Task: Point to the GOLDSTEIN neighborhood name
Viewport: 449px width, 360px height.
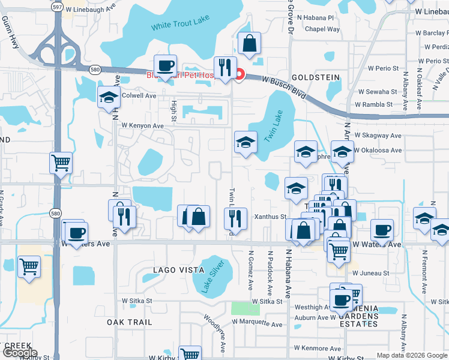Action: [x=315, y=78]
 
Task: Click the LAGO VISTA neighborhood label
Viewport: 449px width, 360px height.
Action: [x=178, y=270]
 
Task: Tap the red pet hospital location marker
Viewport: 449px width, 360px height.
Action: [x=239, y=75]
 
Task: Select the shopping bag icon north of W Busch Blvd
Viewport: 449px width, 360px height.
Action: [x=249, y=44]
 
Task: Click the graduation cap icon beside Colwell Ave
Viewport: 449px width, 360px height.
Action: [x=109, y=98]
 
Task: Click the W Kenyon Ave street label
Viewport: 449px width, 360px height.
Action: [x=142, y=126]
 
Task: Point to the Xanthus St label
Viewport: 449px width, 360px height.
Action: [x=270, y=217]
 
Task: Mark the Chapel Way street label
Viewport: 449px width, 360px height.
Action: [x=322, y=29]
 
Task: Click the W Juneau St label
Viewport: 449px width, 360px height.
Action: [x=370, y=273]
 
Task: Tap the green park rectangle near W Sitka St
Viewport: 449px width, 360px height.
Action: [x=246, y=309]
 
